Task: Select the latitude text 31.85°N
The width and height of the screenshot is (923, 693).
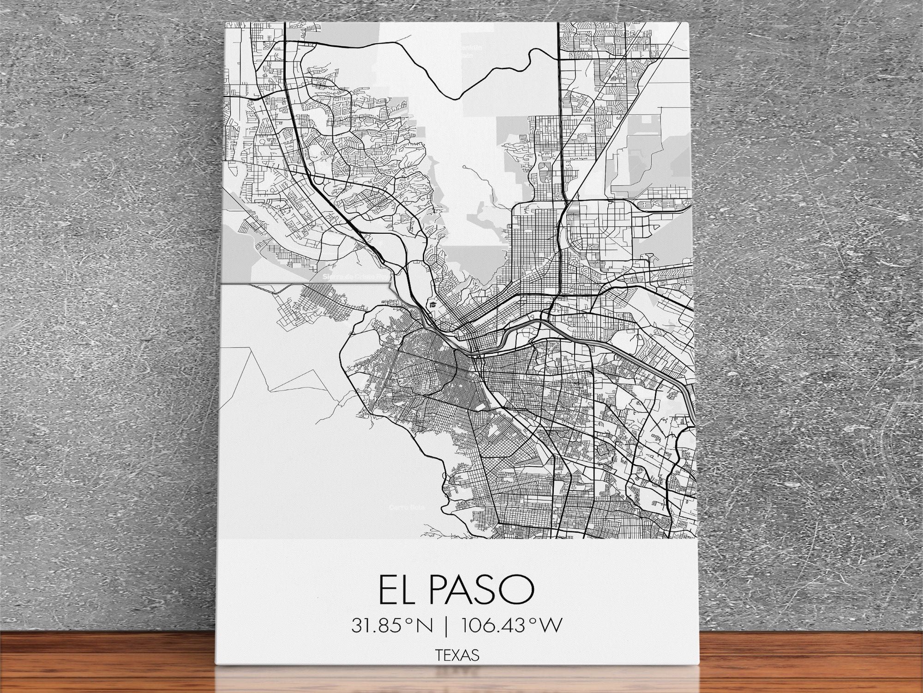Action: click(392, 626)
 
